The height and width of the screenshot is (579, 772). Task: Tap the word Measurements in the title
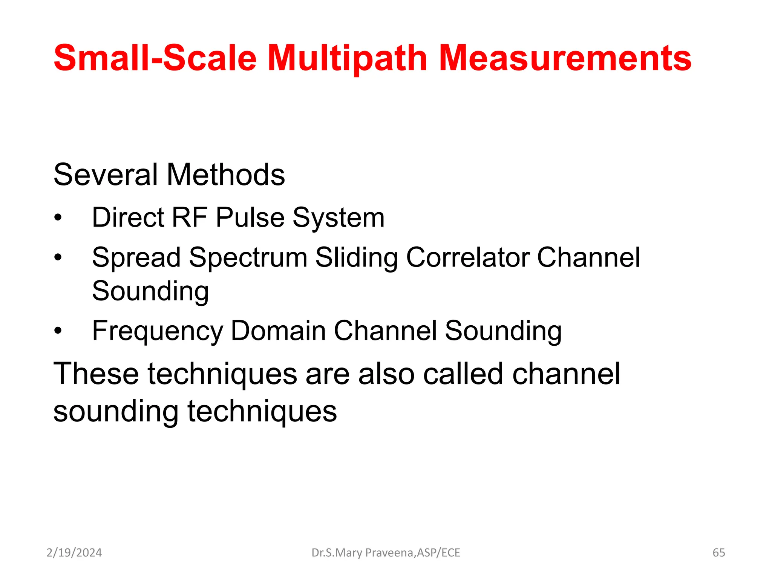(x=565, y=58)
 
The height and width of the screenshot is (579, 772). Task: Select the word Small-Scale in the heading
(x=155, y=58)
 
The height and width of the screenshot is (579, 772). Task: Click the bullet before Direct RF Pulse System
(x=58, y=218)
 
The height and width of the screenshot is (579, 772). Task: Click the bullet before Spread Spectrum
(x=58, y=258)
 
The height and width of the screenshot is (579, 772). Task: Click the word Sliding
(x=356, y=258)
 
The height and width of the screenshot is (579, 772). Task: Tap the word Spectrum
(x=248, y=258)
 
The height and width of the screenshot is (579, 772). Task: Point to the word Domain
(x=278, y=331)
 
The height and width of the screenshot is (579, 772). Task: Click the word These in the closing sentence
(x=96, y=374)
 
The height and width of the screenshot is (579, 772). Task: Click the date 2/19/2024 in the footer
(x=74, y=553)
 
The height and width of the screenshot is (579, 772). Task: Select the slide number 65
(x=718, y=553)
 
